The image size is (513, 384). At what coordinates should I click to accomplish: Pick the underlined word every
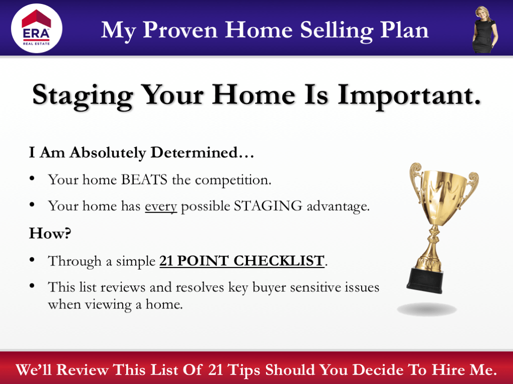[161, 206]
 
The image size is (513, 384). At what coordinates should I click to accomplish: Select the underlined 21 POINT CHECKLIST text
[242, 260]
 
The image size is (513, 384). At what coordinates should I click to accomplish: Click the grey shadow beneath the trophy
[427, 309]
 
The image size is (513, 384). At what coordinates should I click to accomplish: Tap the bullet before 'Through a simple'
[32, 259]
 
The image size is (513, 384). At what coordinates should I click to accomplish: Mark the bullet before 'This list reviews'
[32, 286]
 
